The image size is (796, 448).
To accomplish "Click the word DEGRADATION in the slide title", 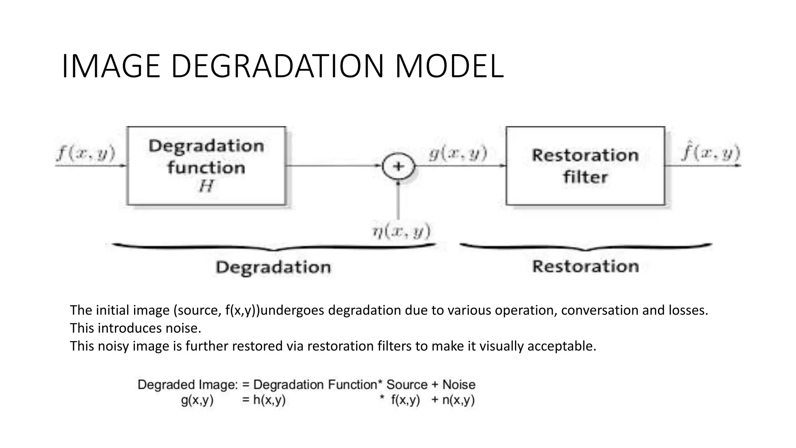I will pyautogui.click(x=278, y=66).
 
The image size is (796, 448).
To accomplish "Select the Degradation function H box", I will pyautogui.click(x=206, y=166).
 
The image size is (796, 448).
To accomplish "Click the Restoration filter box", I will pyautogui.click(x=585, y=166).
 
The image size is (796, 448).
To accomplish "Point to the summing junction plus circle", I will pyautogui.click(x=398, y=166).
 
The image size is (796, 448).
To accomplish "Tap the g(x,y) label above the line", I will pyautogui.click(x=458, y=153).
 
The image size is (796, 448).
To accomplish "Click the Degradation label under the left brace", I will pyautogui.click(x=273, y=267).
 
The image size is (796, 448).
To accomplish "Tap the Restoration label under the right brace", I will pyautogui.click(x=585, y=266).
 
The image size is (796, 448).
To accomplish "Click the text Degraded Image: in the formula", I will pyautogui.click(x=187, y=385).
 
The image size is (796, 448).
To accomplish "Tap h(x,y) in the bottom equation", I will pyautogui.click(x=269, y=400).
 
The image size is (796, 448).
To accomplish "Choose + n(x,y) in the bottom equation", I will pyautogui.click(x=453, y=400).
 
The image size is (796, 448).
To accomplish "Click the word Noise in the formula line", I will pyautogui.click(x=459, y=385).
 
